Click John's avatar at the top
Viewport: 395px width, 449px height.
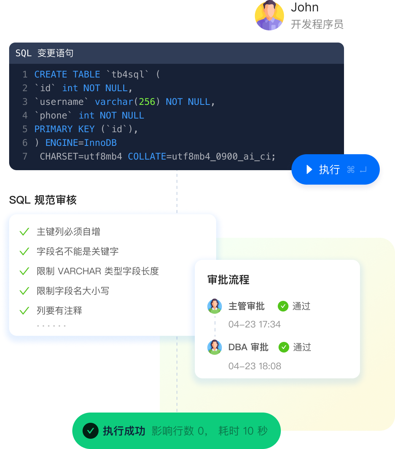pyautogui.click(x=269, y=15)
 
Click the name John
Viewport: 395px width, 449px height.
pyautogui.click(x=305, y=7)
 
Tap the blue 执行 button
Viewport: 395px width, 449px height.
pyautogui.click(x=335, y=169)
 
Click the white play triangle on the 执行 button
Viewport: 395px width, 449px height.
pyautogui.click(x=309, y=169)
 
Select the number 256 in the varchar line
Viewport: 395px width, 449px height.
pyautogui.click(x=147, y=102)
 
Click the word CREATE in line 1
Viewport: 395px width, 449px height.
pyautogui.click(x=51, y=74)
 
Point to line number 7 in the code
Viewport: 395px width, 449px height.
pyautogui.click(x=25, y=157)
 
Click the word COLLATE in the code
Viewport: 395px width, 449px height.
pyautogui.click(x=147, y=157)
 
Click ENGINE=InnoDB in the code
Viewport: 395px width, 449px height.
pyautogui.click(x=81, y=142)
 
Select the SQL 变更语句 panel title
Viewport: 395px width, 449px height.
pyautogui.click(x=45, y=53)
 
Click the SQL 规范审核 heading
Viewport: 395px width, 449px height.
pyautogui.click(x=43, y=200)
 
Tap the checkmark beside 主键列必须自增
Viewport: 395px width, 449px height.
pyautogui.click(x=24, y=231)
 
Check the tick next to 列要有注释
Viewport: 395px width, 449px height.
pyautogui.click(x=24, y=310)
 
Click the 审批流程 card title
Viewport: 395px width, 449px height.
pyautogui.click(x=228, y=280)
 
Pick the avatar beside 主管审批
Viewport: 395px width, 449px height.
pyautogui.click(x=215, y=306)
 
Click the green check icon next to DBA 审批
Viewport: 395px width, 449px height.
pyautogui.click(x=284, y=347)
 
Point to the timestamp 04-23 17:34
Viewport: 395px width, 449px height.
pyautogui.click(x=255, y=324)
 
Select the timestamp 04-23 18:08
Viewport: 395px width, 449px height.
pyautogui.click(x=255, y=366)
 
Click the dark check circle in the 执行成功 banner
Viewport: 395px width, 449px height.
pyautogui.click(x=90, y=431)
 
